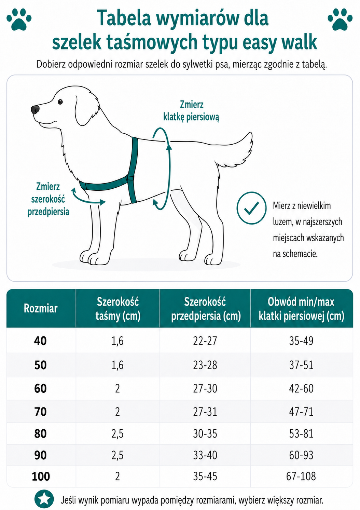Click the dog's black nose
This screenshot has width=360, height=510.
(x=35, y=110)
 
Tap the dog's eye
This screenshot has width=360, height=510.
(x=60, y=102)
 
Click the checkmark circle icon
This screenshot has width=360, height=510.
(x=251, y=208)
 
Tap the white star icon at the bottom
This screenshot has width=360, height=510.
(x=44, y=499)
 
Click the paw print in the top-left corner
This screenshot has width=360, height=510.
(x=19, y=19)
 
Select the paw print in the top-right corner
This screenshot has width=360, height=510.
(x=340, y=19)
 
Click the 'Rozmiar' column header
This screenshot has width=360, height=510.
(x=41, y=309)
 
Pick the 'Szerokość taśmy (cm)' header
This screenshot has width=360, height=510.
(x=117, y=309)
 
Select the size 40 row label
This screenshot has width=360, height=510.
(x=40, y=341)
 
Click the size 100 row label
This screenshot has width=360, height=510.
(x=41, y=476)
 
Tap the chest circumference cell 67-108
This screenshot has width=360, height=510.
(x=301, y=476)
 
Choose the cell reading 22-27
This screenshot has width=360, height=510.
(x=205, y=341)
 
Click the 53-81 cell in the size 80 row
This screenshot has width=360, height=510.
(x=301, y=434)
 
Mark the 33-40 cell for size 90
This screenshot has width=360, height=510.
(x=205, y=455)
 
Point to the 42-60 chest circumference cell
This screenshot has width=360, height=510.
(x=301, y=388)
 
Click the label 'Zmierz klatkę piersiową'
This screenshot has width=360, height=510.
(x=191, y=111)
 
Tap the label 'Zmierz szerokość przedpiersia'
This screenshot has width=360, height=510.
(x=48, y=199)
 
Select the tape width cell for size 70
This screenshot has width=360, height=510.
(x=117, y=412)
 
